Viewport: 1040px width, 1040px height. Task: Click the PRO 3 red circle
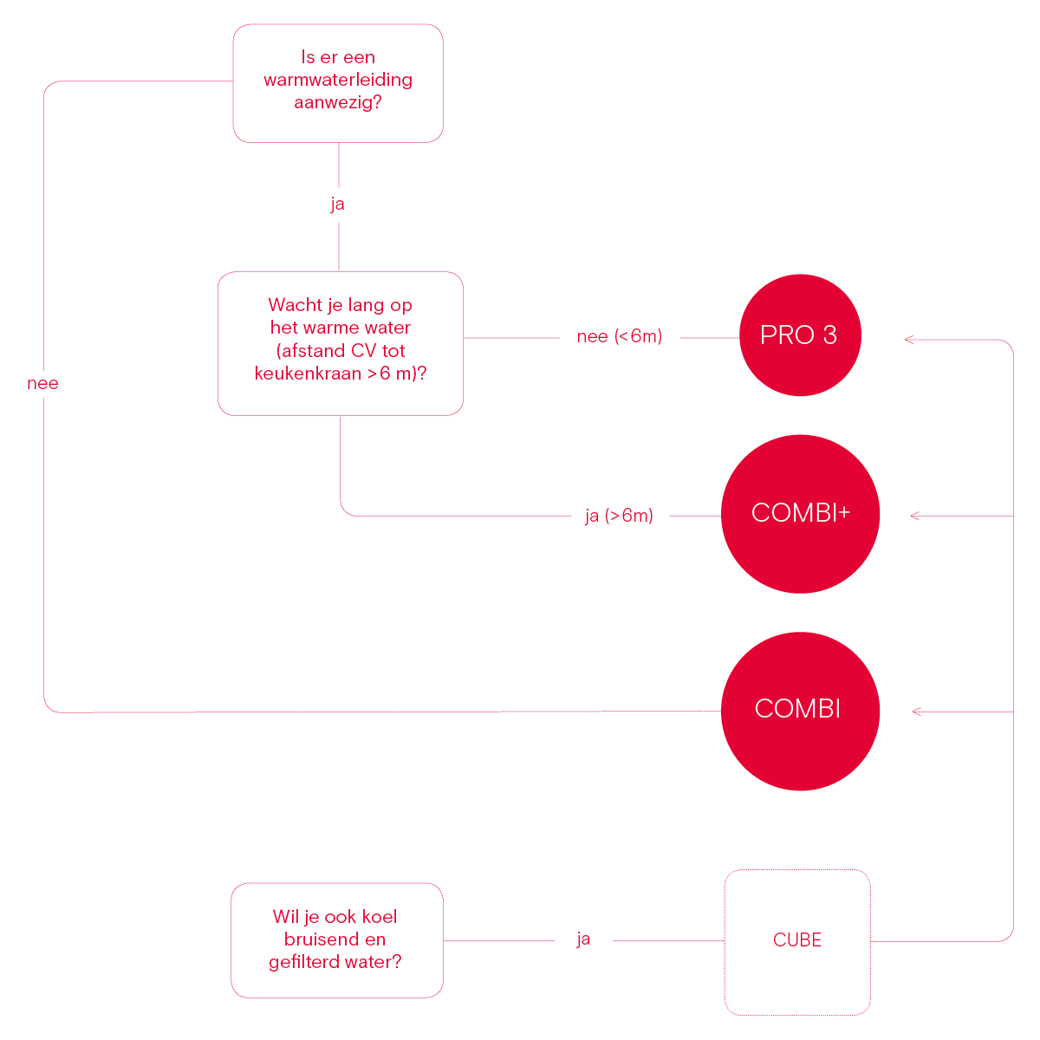point(800,335)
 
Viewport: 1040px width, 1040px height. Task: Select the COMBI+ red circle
point(801,514)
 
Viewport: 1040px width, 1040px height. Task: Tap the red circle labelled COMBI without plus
point(801,712)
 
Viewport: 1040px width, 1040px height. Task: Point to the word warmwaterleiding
point(338,80)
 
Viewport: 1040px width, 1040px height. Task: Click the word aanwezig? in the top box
point(338,102)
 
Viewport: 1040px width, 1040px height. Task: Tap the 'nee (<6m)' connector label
point(619,336)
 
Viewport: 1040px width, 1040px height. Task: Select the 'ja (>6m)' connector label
point(619,516)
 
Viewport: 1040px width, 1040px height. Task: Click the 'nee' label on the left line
point(42,383)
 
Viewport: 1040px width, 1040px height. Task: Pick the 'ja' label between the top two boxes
point(337,204)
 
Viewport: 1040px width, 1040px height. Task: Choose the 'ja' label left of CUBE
point(583,939)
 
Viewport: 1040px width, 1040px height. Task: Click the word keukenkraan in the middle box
point(308,374)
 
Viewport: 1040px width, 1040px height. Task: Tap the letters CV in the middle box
point(363,351)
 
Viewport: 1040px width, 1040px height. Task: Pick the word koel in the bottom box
point(380,916)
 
